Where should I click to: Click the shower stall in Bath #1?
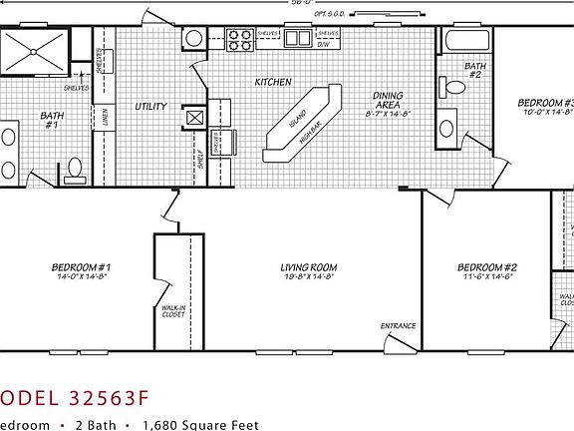(x=34, y=49)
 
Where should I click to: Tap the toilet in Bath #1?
(x=73, y=171)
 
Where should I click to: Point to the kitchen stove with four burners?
(x=239, y=40)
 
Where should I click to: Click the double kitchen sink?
(x=297, y=39)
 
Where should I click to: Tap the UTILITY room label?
(x=150, y=105)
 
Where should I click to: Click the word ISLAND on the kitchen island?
(x=298, y=118)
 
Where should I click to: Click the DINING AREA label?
(x=387, y=101)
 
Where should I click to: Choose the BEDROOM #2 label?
(x=486, y=267)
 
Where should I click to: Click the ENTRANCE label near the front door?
(x=398, y=326)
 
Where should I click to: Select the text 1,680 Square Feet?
(x=199, y=424)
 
